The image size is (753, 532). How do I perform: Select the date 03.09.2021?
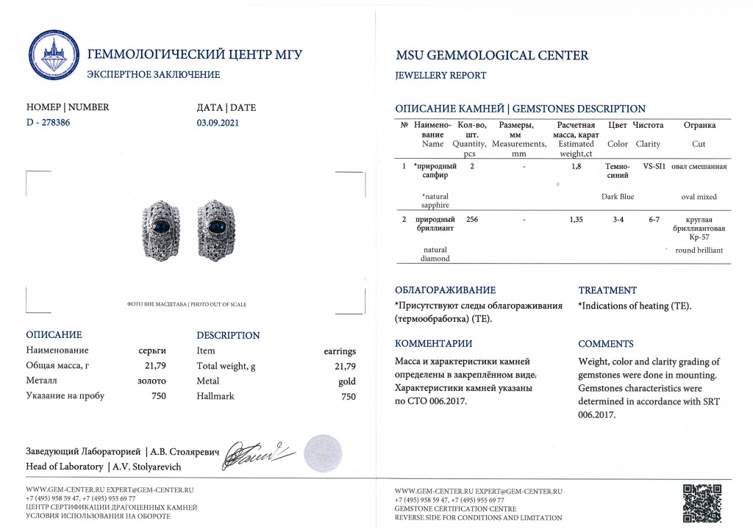218,123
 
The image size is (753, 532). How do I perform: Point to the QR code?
702,502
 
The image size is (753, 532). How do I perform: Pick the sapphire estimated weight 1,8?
577,167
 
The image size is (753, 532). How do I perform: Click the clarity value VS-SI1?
654,167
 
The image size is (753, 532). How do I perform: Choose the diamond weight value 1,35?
577,219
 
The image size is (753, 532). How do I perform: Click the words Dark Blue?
617,196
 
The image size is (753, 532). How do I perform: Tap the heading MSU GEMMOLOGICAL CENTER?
492,55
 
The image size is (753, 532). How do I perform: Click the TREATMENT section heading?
607,290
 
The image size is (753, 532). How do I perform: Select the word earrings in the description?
340,351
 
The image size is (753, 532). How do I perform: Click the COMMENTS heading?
605,344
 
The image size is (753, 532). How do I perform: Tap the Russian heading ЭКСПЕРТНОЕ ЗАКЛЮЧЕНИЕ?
153,74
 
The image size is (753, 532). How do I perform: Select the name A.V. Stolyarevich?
146,467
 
